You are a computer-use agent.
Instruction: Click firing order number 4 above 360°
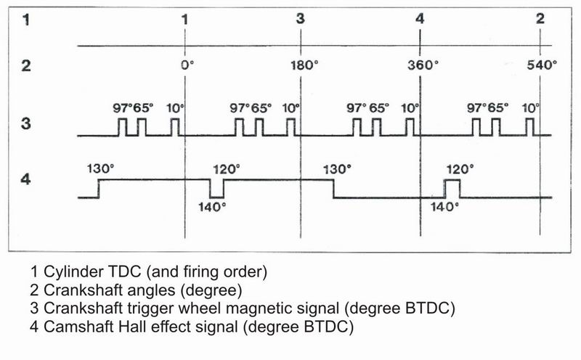point(420,19)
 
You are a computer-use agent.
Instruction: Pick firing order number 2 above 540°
point(540,19)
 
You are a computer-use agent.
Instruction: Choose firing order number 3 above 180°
point(301,19)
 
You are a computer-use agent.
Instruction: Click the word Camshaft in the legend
point(74,327)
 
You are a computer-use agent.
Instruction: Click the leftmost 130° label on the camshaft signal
point(100,168)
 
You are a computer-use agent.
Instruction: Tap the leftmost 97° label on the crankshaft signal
point(121,108)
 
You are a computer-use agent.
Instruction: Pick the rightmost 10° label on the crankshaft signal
point(531,108)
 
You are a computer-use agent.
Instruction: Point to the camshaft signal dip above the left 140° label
point(216,191)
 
